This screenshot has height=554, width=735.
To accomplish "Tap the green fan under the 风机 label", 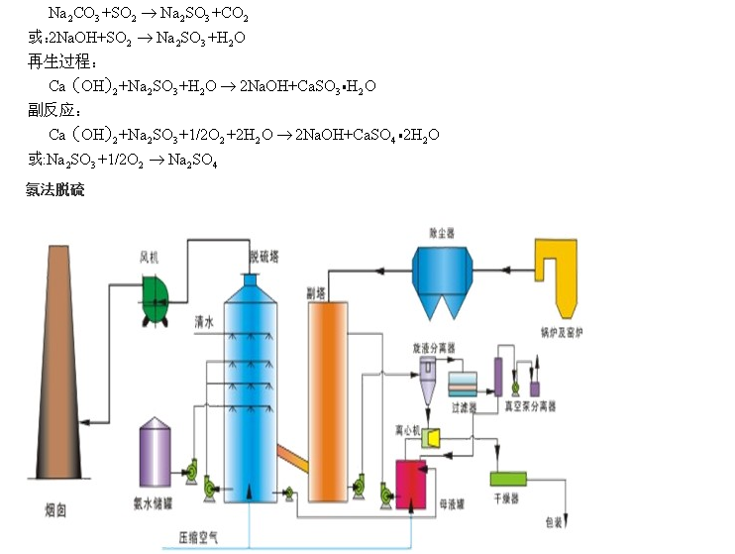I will (156, 298).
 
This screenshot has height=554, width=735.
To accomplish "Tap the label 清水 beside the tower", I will (205, 322).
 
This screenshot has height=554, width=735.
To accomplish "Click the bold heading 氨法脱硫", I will (55, 188).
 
